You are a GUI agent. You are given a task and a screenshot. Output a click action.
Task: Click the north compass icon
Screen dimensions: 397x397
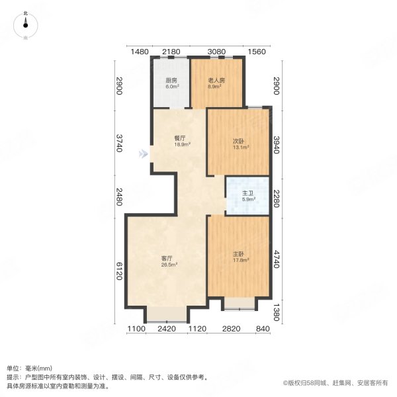(26, 24)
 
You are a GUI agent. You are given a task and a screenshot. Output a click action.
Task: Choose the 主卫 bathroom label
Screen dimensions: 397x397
(247, 194)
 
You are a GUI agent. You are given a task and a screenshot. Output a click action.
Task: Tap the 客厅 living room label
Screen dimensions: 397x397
(167, 258)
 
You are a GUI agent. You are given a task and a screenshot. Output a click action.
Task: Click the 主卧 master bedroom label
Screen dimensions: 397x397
(238, 255)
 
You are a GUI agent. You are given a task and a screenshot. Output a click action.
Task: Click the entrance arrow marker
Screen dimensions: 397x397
(142, 155)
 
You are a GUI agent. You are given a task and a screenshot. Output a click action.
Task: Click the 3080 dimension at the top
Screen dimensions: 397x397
(217, 52)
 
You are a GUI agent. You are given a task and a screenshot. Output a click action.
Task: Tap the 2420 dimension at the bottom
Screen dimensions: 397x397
(167, 330)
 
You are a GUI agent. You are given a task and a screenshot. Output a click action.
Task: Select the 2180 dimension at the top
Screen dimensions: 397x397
(171, 52)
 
